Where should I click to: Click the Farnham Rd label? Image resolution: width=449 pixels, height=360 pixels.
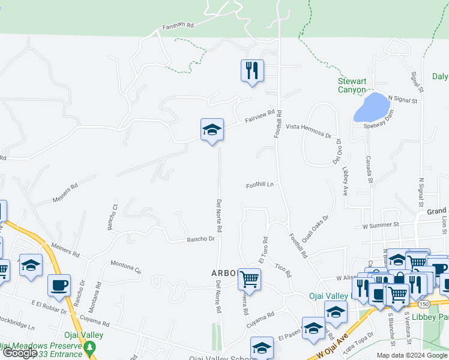(x=178, y=26)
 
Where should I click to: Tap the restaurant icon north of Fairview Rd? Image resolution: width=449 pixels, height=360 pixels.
(x=252, y=71)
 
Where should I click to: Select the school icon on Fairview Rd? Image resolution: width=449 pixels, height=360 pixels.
(x=212, y=130)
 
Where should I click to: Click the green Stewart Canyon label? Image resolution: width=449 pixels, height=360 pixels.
(x=351, y=85)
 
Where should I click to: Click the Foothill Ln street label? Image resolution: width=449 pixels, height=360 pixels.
(x=259, y=185)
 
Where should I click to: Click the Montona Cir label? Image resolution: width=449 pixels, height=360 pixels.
(x=125, y=267)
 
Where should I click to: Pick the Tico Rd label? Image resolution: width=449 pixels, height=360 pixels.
(x=283, y=271)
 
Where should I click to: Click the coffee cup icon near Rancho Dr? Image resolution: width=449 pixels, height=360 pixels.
(x=59, y=285)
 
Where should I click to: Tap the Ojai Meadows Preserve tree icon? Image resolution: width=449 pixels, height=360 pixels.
(x=89, y=347)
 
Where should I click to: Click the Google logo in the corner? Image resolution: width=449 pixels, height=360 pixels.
(x=20, y=353)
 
